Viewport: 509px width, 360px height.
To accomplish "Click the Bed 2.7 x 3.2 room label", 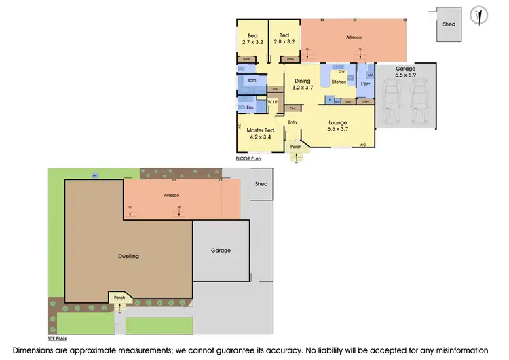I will [x=252, y=39].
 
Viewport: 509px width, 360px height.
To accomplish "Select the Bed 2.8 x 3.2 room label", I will [x=284, y=39].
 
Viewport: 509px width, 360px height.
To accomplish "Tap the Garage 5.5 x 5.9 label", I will [x=407, y=71].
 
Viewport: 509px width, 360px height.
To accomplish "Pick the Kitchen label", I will [x=339, y=82].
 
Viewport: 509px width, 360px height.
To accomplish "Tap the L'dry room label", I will [x=366, y=84].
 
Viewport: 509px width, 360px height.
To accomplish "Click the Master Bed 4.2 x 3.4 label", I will [x=260, y=134].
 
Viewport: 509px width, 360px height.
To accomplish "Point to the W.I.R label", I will [x=272, y=102].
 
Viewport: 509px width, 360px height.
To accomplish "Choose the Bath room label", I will [x=252, y=80].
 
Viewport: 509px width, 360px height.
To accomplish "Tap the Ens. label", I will [x=250, y=107].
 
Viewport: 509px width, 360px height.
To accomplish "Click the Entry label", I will [x=293, y=122].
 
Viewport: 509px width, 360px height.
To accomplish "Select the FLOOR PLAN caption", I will [x=249, y=158].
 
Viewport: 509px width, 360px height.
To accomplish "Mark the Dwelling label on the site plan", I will [x=128, y=256].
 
